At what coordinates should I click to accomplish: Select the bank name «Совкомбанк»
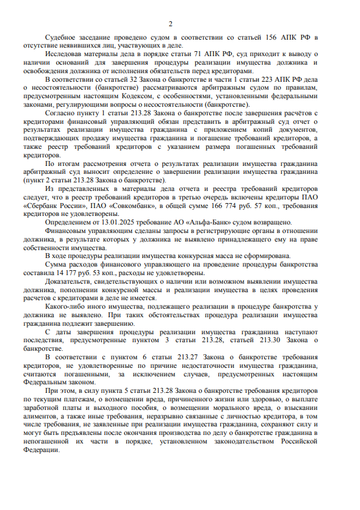point(142,206)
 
